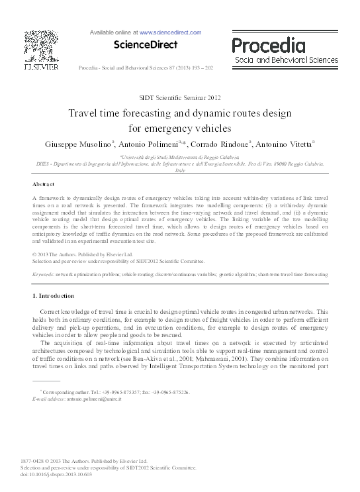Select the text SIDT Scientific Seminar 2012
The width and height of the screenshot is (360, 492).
(179, 97)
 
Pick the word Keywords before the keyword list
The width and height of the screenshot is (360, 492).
(43, 273)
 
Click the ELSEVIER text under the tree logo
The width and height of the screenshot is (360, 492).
(41, 67)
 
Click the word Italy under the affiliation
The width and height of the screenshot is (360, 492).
(179, 170)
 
